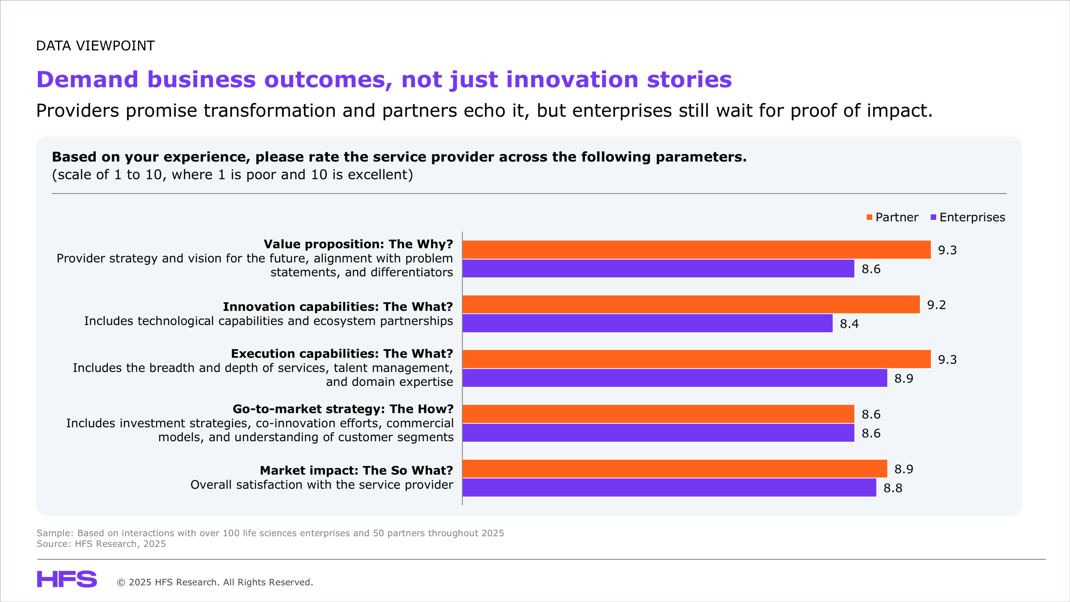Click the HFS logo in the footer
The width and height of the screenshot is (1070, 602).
tap(67, 579)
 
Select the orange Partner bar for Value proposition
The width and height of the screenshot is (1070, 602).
tap(697, 250)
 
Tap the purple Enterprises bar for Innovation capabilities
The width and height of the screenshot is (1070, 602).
tap(647, 323)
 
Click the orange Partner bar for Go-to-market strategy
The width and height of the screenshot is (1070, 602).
tap(658, 414)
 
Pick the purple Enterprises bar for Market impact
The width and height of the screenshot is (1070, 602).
tap(669, 487)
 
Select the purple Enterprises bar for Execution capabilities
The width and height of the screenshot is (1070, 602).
tap(675, 378)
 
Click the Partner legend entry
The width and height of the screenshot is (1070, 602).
tap(892, 217)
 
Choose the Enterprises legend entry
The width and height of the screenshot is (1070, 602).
tap(968, 217)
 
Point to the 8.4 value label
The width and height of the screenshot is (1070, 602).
tap(849, 324)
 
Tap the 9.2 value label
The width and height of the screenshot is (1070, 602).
tap(937, 305)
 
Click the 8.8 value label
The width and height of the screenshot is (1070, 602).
tap(893, 488)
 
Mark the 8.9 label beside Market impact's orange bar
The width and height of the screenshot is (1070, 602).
tap(904, 469)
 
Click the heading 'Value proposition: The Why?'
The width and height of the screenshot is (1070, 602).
tap(358, 244)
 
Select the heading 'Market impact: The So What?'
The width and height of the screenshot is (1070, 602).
tap(357, 470)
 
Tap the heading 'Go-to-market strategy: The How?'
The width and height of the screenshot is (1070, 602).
tap(343, 409)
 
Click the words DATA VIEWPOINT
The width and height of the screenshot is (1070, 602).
tap(95, 46)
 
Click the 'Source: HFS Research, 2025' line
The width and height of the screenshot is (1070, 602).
tap(101, 544)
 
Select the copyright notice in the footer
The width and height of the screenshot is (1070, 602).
tap(215, 582)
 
